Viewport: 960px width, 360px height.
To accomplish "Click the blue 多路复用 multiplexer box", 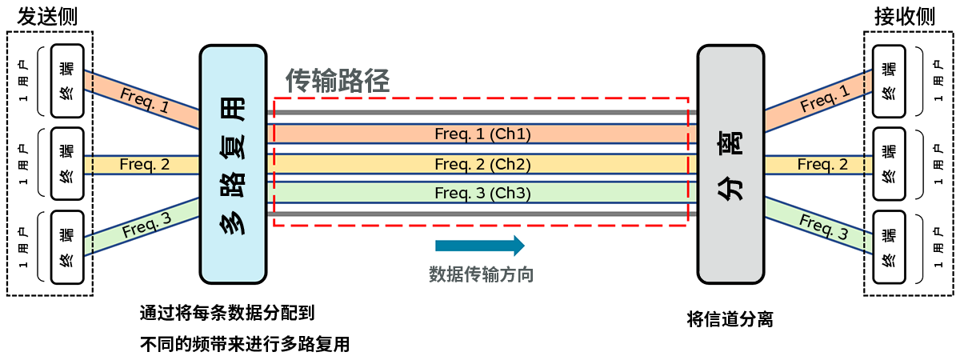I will point(233,164).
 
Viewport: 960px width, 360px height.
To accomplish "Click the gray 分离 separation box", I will point(730,164).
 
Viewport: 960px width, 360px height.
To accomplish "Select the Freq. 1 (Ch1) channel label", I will point(482,134).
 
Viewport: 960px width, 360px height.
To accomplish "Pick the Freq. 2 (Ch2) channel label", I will point(482,164).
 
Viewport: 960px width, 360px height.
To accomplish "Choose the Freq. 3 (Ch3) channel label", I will point(482,194).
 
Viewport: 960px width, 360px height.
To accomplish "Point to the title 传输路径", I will point(338,80).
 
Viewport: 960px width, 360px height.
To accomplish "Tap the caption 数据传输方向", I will point(481,274).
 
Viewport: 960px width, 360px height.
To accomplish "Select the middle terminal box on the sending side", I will point(66,163).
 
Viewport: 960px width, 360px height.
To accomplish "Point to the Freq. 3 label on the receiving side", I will point(823,228).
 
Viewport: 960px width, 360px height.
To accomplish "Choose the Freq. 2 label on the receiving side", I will point(822,165).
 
